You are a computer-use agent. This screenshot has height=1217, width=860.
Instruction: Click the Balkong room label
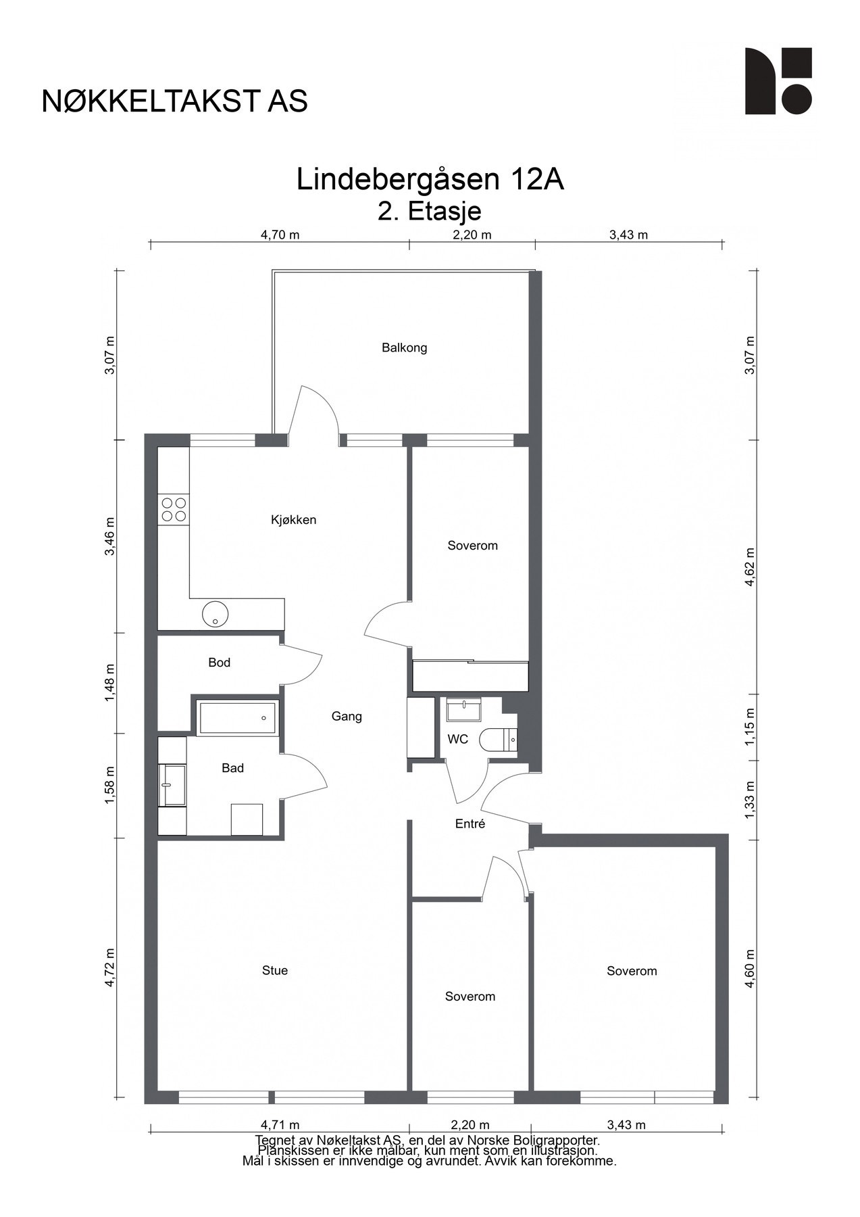pyautogui.click(x=404, y=348)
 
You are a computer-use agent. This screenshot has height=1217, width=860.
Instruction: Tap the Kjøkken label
pyautogui.click(x=293, y=520)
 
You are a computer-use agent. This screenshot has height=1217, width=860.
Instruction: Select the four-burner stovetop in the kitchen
pyautogui.click(x=173, y=509)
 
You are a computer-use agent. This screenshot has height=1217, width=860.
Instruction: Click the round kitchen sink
pyautogui.click(x=216, y=614)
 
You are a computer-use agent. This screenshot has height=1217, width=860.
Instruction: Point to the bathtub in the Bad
pyautogui.click(x=237, y=717)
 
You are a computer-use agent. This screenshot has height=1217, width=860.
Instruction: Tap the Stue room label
pyautogui.click(x=275, y=971)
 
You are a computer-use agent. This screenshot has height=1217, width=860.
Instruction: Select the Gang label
pyautogui.click(x=347, y=717)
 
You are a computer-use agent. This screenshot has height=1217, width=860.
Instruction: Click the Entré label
pyautogui.click(x=470, y=824)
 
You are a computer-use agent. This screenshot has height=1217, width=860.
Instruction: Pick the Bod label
pyautogui.click(x=220, y=663)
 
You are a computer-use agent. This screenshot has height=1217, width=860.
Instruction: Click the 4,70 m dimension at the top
pyautogui.click(x=280, y=235)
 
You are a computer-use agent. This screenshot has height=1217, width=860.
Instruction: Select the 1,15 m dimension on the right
pyautogui.click(x=749, y=727)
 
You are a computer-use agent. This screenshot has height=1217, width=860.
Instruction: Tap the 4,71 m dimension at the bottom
pyautogui.click(x=280, y=1125)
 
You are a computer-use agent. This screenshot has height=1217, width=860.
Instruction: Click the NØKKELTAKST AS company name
pyautogui.click(x=175, y=101)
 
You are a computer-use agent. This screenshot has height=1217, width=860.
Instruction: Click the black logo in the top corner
pyautogui.click(x=778, y=81)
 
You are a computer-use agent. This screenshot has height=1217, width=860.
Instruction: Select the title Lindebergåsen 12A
pyautogui.click(x=430, y=179)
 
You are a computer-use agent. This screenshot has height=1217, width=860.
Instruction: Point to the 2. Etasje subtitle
pyautogui.click(x=430, y=212)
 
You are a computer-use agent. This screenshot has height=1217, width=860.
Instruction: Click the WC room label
pyautogui.click(x=458, y=740)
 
